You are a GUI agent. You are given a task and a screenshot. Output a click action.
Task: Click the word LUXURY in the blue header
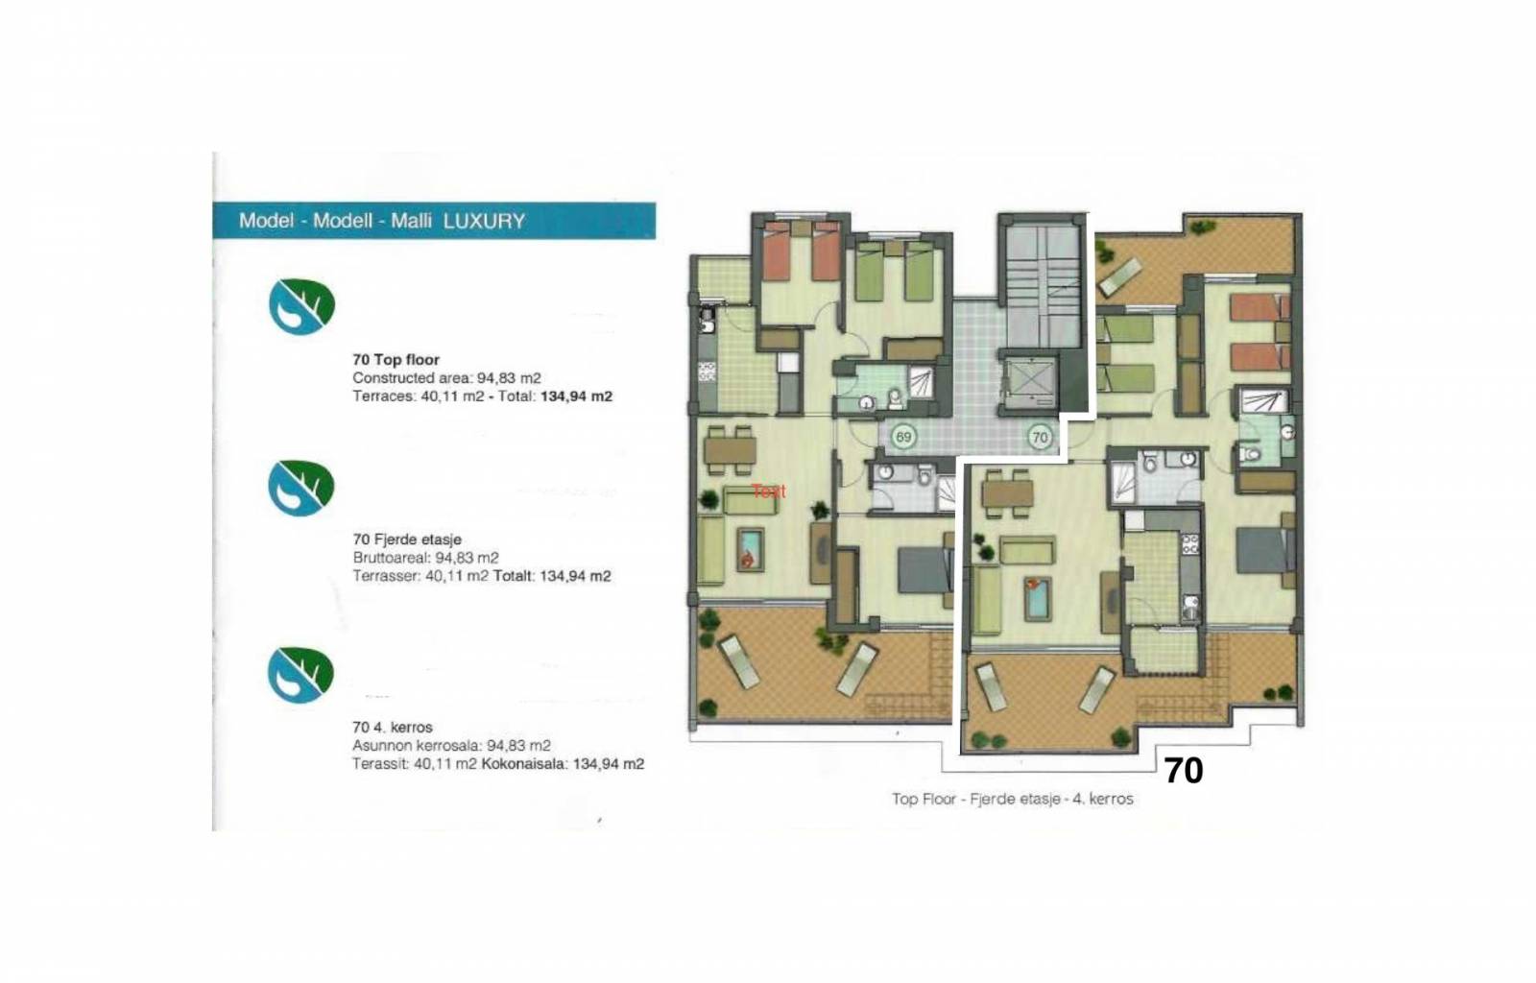click(484, 221)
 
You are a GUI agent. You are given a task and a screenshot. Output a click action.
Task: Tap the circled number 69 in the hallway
click(903, 437)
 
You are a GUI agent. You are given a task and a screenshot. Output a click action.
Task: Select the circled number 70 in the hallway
click(1041, 437)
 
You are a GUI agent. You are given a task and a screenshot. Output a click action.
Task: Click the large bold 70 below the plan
click(1184, 771)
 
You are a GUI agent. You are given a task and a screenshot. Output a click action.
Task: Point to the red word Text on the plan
click(769, 491)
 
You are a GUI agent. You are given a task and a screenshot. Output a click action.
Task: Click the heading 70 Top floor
click(396, 359)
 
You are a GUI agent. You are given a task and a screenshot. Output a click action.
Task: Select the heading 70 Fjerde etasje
click(407, 539)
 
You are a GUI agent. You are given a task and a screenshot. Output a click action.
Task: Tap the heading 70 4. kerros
click(393, 727)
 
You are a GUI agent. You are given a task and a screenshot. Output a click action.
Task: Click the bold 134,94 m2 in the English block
click(576, 396)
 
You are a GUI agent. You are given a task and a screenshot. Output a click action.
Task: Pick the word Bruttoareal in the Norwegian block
click(391, 558)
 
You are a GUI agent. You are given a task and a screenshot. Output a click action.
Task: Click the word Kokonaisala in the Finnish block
click(524, 763)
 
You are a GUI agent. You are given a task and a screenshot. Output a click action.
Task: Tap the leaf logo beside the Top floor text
click(301, 306)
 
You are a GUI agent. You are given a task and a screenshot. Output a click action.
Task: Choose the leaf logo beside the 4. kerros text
click(301, 675)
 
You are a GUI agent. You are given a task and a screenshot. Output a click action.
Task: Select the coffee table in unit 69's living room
click(750, 549)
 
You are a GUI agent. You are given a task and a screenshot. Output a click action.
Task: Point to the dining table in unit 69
click(731, 450)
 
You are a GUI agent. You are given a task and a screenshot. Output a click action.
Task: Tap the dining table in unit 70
click(1007, 493)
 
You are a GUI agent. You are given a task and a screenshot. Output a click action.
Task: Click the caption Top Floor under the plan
click(924, 800)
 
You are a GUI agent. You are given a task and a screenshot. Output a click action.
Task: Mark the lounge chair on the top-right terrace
click(1119, 276)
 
